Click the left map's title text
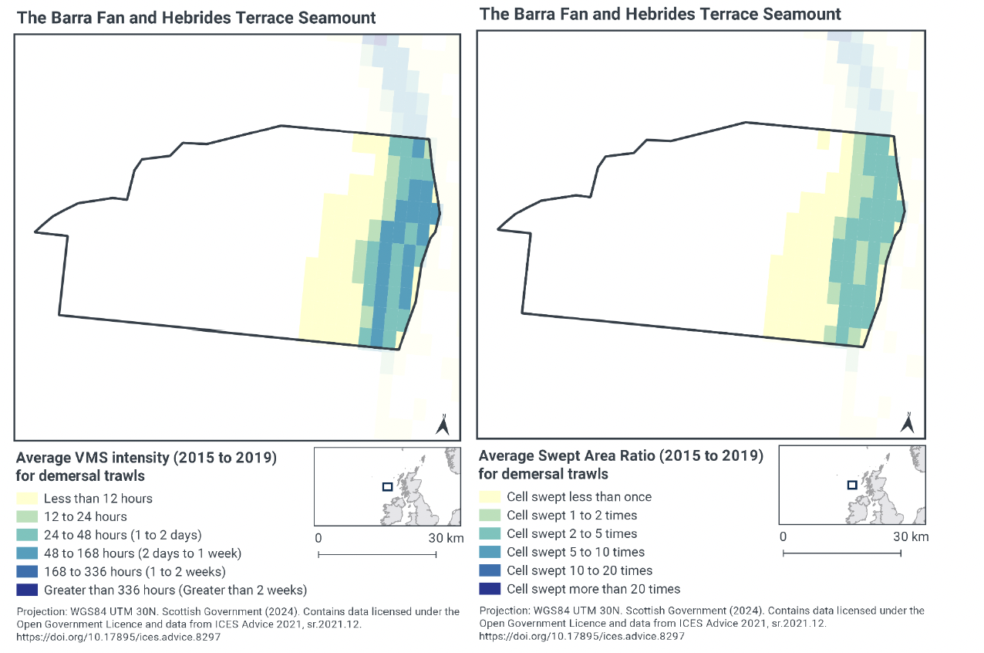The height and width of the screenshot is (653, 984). tap(197, 18)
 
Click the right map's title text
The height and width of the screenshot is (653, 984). tap(660, 14)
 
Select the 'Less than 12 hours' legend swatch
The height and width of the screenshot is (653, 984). tap(27, 499)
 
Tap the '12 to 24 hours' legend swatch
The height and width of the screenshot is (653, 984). tap(27, 517)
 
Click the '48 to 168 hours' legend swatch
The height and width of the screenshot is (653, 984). tap(27, 553)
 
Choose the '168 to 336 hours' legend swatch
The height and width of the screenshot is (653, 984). tap(27, 572)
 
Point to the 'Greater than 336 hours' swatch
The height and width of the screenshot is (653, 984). tap(27, 590)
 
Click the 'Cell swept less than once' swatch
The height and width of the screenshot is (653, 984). tap(490, 497)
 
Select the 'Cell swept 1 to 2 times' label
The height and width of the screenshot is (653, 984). tap(571, 516)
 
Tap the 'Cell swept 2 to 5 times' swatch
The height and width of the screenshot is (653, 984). tap(490, 534)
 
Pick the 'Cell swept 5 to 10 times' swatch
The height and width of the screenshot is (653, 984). tap(490, 553)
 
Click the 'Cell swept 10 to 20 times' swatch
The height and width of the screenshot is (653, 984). tap(490, 571)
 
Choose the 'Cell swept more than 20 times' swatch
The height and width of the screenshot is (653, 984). tap(490, 590)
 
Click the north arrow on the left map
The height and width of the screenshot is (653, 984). tap(443, 425)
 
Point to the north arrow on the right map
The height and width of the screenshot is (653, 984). tap(908, 422)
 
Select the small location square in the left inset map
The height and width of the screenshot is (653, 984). tap(387, 486)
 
